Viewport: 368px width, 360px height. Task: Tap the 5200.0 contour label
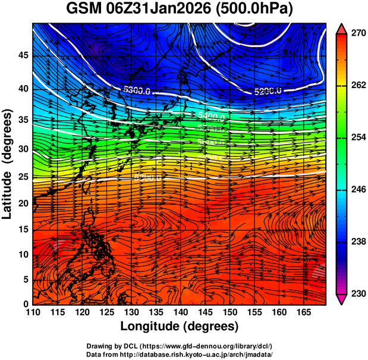(268, 92)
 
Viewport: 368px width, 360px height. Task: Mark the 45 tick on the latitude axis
(22, 56)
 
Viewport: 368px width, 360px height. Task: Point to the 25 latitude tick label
(22, 176)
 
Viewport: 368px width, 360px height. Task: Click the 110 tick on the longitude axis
(33, 312)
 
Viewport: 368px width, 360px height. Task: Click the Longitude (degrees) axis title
(180, 326)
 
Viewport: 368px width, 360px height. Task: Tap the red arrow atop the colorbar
(341, 27)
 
